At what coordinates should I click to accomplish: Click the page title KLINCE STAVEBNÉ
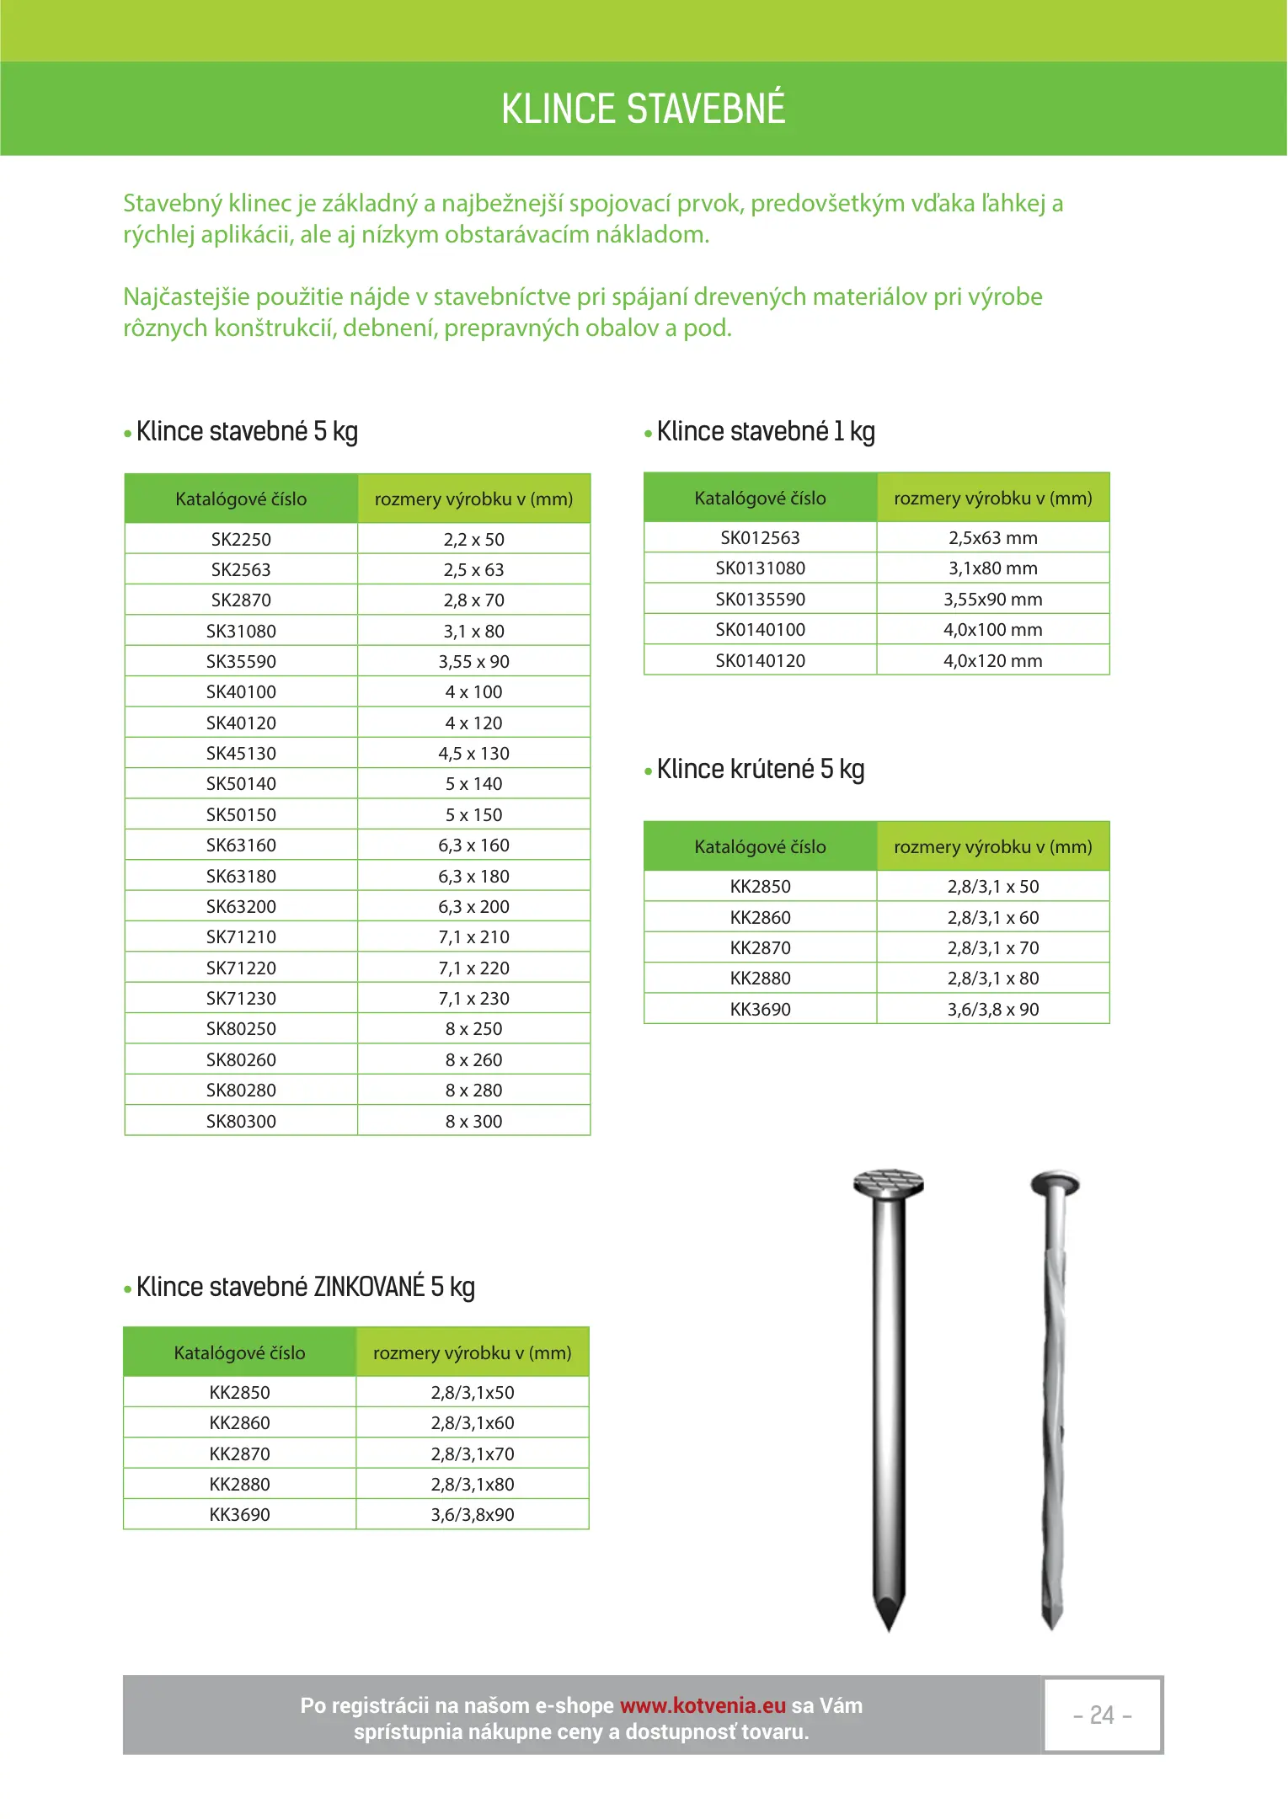[643, 109]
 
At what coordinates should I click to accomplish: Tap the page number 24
[1102, 1715]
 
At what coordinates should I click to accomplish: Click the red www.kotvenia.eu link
[703, 1705]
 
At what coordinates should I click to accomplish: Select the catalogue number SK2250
[241, 539]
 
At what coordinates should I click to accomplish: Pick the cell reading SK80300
[241, 1121]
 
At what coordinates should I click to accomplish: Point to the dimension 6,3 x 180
[473, 876]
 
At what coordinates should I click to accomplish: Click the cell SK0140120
[760, 660]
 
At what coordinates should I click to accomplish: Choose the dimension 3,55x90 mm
[992, 599]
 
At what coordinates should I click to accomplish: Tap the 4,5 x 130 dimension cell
[473, 753]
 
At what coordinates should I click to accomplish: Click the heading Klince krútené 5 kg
[760, 769]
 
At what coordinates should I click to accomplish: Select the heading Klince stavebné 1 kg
[765, 431]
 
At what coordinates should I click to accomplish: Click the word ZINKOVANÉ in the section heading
[369, 1287]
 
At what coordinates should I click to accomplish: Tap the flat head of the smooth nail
[888, 1182]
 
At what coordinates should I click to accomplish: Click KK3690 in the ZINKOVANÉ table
[239, 1514]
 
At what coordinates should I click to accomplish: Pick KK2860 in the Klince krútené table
[760, 917]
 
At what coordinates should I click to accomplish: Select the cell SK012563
[760, 537]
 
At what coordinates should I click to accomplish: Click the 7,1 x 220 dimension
[473, 968]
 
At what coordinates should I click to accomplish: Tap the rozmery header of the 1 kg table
[992, 498]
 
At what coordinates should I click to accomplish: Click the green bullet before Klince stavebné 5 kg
[128, 435]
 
